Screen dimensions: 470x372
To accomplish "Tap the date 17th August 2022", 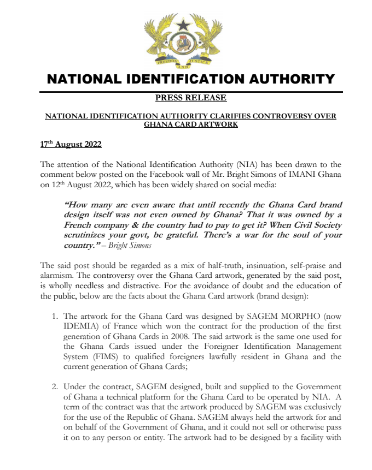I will click(71, 146).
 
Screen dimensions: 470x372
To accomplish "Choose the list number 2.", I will click(55, 386).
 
